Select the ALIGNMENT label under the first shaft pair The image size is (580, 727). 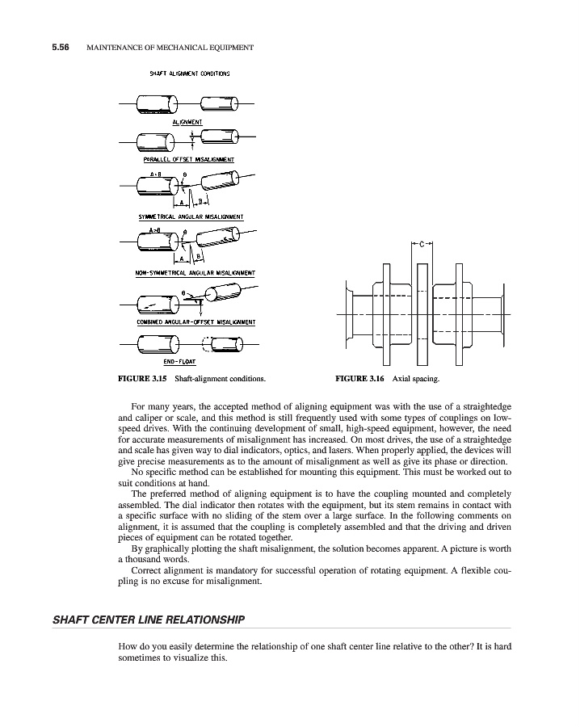(x=187, y=121)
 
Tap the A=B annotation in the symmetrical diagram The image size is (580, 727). (x=155, y=174)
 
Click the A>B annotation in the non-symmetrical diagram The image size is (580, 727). (x=155, y=230)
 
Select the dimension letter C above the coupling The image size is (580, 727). (x=421, y=242)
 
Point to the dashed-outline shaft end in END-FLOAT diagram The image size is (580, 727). (x=208, y=344)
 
